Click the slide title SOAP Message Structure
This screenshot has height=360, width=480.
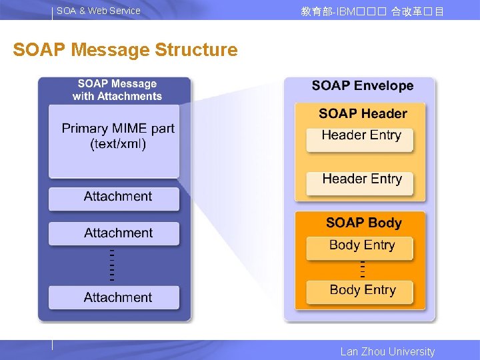click(125, 50)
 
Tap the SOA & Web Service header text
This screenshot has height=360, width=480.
click(99, 11)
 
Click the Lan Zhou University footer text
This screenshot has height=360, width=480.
click(387, 351)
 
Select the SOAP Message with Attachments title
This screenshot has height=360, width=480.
click(117, 90)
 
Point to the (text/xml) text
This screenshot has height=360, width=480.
click(118, 144)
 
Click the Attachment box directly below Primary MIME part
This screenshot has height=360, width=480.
click(114, 197)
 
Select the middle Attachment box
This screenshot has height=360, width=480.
click(114, 233)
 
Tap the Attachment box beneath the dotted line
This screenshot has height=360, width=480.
click(114, 297)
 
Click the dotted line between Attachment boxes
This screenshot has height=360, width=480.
click(112, 265)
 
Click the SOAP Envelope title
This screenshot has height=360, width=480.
click(363, 86)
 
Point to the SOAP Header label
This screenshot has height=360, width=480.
click(363, 113)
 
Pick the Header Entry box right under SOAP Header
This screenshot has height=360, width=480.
click(360, 138)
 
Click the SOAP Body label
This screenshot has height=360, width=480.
click(364, 223)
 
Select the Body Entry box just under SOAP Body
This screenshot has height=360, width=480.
click(361, 247)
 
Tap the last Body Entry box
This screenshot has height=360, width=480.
click(361, 291)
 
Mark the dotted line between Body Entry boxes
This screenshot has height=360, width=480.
click(363, 269)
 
